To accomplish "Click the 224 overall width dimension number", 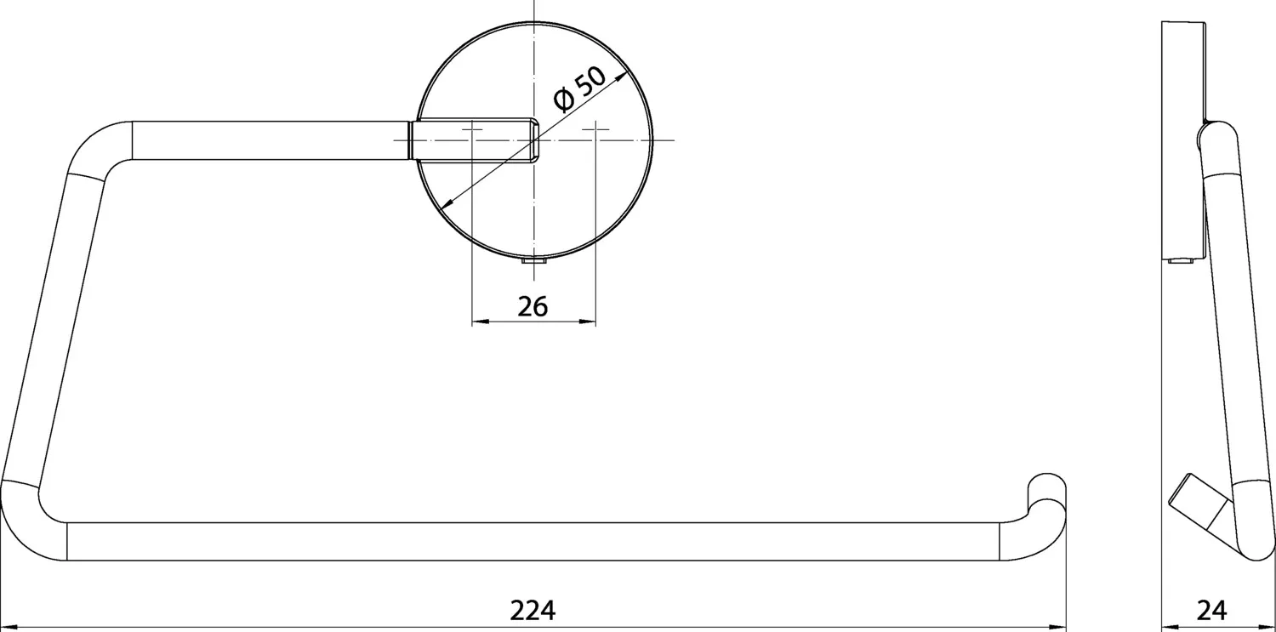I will click(533, 610).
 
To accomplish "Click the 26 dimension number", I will click(533, 306).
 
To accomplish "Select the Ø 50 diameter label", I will click(579, 89).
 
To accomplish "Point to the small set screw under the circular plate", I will click(533, 265).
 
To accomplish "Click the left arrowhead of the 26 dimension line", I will click(477, 322).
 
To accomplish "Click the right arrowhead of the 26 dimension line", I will click(591, 322).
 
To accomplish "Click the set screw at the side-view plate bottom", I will click(1180, 261).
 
